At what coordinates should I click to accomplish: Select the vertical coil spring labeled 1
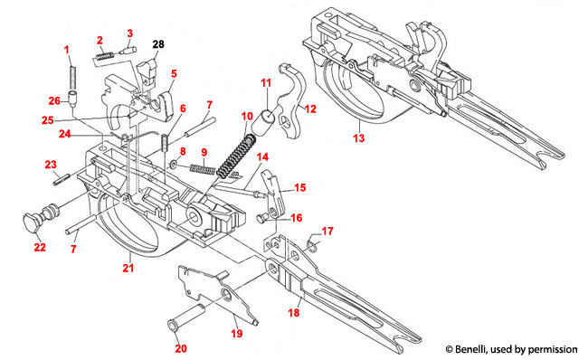point(71,71)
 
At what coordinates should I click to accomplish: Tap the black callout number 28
point(158,43)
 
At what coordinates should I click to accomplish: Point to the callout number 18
point(293,310)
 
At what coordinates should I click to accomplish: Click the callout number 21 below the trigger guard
point(128,268)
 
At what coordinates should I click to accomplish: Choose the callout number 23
point(52,164)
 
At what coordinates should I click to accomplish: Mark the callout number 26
point(54,100)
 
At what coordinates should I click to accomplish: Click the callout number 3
point(129,33)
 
